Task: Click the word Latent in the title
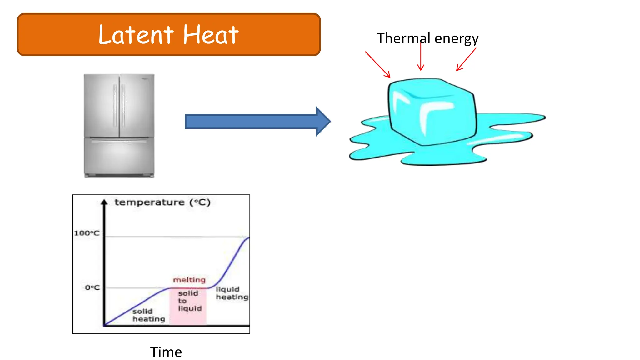(136, 35)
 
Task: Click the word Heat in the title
(211, 35)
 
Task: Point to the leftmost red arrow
(377, 64)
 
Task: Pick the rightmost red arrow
(466, 59)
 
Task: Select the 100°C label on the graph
(87, 233)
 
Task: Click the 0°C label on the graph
(92, 287)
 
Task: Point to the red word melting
(189, 280)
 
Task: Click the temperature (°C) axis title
(162, 202)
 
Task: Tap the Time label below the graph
(166, 352)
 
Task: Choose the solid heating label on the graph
(148, 315)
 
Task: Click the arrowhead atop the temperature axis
(104, 202)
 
